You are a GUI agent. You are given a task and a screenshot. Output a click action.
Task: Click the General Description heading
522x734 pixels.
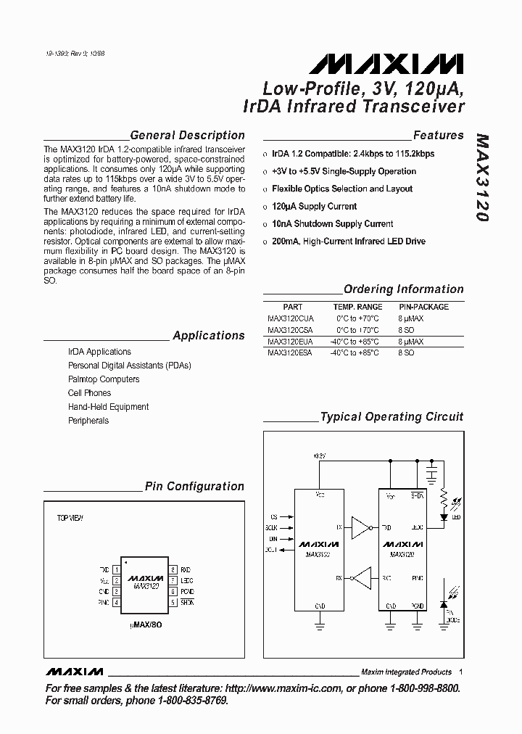point(186,136)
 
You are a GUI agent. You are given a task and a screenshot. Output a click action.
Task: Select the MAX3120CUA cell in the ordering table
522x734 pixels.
point(290,318)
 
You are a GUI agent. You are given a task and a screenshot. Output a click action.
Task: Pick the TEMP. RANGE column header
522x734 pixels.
point(357,307)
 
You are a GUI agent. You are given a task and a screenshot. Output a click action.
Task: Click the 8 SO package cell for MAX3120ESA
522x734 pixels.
point(406,352)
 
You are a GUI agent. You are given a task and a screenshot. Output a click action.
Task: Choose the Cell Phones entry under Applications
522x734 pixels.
point(89,393)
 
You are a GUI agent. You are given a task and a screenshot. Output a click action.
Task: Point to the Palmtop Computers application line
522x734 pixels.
point(104,379)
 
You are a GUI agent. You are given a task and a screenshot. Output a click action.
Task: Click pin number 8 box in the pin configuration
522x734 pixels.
point(173,570)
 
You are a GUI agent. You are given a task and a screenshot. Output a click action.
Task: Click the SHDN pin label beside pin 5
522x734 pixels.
point(187,602)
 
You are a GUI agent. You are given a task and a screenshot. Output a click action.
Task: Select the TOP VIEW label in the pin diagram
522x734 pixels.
point(70,519)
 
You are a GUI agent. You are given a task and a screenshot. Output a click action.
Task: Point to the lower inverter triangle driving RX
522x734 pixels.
point(361,578)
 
